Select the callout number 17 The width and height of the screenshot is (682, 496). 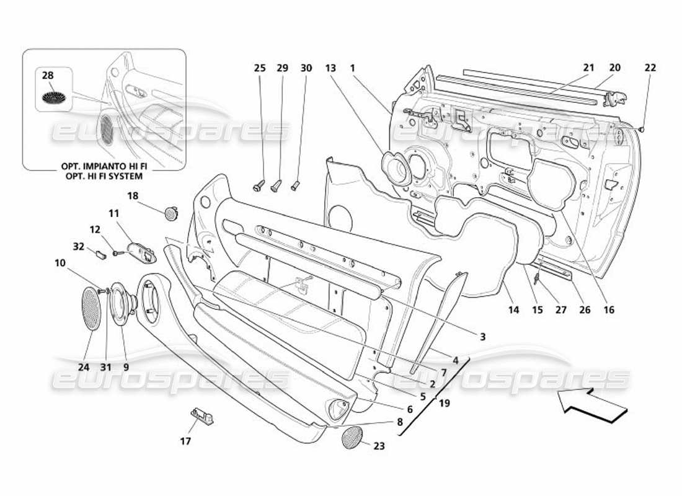[185, 441]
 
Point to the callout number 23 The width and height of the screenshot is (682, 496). [378, 446]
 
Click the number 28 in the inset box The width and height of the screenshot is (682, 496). [48, 76]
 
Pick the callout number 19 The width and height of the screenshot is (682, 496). [445, 403]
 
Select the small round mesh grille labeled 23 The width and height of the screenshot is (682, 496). [355, 437]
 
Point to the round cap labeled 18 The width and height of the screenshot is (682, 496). [169, 214]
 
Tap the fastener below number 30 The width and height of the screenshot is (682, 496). [296, 184]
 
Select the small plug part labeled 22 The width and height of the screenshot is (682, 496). [642, 129]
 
